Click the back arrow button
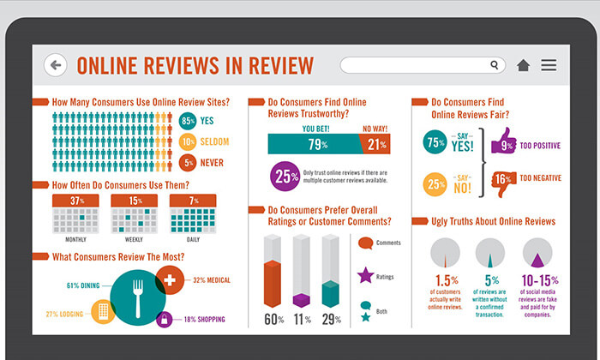[56, 65]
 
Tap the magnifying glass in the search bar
[495, 65]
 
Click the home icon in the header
[523, 65]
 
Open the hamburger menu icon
[549, 65]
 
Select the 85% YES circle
[189, 122]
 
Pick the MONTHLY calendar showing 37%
[76, 213]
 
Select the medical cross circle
[170, 281]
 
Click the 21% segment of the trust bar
[375, 144]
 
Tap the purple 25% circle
[284, 175]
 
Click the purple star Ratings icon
[365, 275]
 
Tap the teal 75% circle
[435, 144]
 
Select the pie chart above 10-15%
[537, 255]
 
